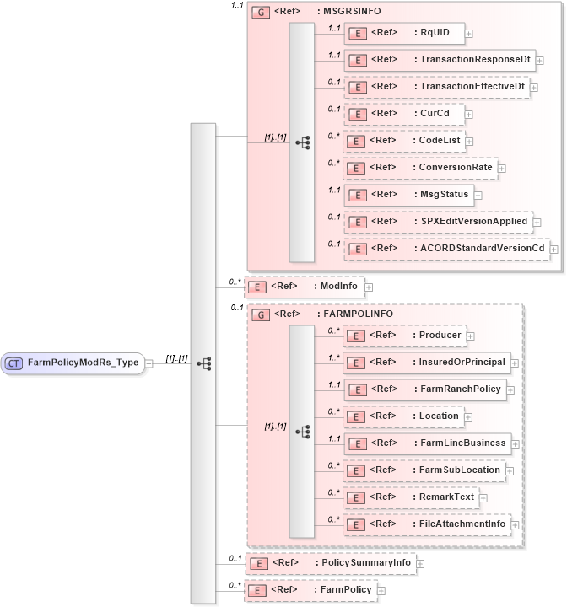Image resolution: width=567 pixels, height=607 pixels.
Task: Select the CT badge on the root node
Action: click(x=14, y=363)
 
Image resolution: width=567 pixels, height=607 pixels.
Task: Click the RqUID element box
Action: click(x=404, y=34)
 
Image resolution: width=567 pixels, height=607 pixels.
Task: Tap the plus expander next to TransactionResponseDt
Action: click(x=540, y=61)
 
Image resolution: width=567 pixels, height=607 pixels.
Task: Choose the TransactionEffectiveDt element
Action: click(x=437, y=87)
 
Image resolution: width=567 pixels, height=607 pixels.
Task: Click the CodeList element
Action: click(x=404, y=141)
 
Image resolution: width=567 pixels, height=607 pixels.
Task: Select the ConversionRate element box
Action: click(x=419, y=167)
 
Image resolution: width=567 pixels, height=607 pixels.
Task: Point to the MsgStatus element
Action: click(x=408, y=194)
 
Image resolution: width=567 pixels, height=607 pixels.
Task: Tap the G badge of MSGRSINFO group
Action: click(x=261, y=13)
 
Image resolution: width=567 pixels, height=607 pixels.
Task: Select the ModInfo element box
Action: click(x=304, y=287)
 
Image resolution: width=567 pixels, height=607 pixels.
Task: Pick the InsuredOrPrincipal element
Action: click(x=427, y=363)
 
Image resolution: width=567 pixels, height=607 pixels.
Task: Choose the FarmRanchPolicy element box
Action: click(x=426, y=389)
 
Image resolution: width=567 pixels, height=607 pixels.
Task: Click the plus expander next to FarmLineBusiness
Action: click(x=516, y=443)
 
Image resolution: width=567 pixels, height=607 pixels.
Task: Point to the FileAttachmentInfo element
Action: click(x=427, y=524)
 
